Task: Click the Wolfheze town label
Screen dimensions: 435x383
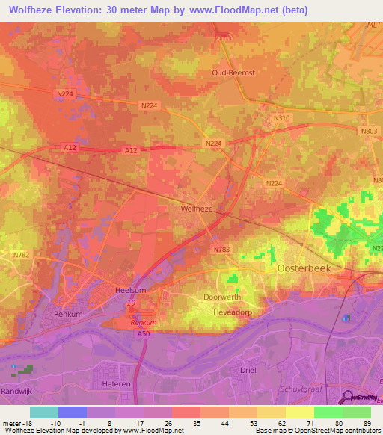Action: [197, 209]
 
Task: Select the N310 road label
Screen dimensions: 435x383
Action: [281, 118]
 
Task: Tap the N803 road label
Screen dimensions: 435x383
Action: [367, 131]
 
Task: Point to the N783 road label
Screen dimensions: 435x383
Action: [221, 249]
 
